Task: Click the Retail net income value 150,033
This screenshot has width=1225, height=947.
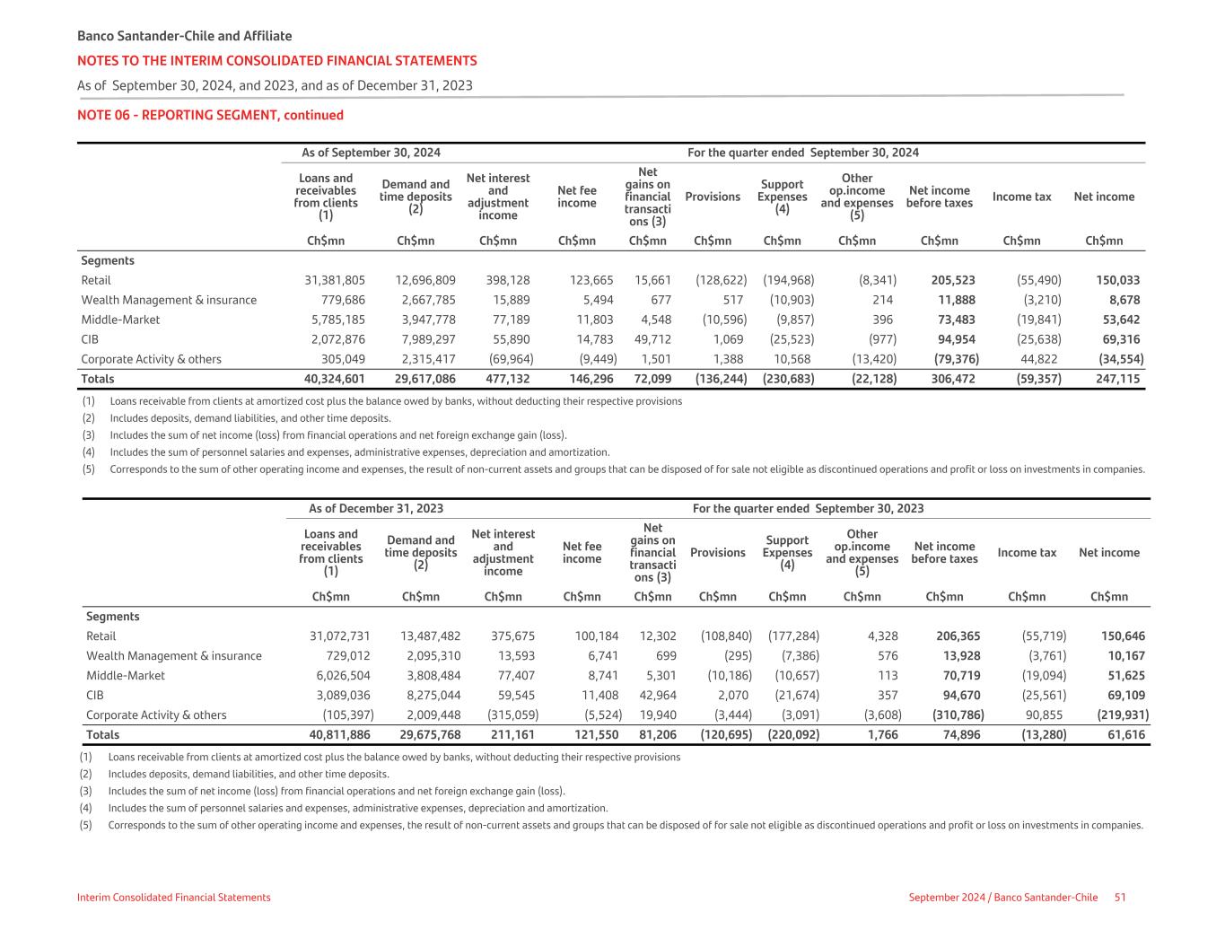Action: click(1118, 280)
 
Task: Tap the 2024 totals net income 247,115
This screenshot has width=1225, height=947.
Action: click(1118, 379)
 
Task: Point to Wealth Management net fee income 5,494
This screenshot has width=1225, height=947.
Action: click(597, 300)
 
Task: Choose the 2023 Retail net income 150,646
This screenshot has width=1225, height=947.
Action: click(1123, 636)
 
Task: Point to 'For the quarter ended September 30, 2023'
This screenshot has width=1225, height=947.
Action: click(808, 509)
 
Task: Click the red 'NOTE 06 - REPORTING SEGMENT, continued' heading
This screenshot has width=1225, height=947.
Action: click(210, 115)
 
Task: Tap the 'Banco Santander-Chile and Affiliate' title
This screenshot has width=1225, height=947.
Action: click(185, 36)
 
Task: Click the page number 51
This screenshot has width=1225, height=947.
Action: click(1120, 898)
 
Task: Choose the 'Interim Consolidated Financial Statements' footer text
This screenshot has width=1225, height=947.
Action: click(174, 898)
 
